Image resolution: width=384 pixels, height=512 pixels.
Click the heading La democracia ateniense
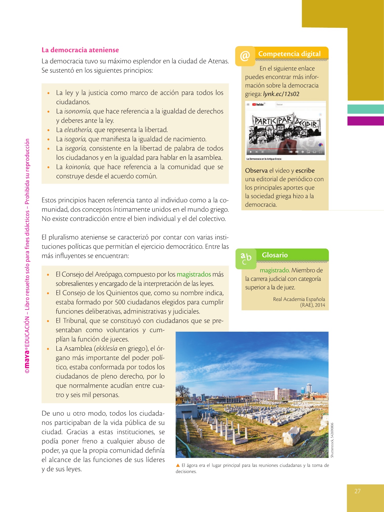(80, 50)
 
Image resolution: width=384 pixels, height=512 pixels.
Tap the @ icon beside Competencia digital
(245, 56)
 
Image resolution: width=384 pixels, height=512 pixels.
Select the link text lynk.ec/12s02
(281, 94)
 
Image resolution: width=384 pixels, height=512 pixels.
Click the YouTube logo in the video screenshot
(258, 104)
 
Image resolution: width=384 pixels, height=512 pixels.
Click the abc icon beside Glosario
(246, 259)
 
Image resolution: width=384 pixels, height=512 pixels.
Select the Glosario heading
(274, 255)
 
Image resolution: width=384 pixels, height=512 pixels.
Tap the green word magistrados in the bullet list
(194, 274)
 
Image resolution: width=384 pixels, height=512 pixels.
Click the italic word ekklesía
(106, 348)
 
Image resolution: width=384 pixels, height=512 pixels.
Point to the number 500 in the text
(120, 302)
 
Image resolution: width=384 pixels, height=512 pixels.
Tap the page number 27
(357, 491)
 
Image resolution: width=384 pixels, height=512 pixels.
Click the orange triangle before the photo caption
(178, 465)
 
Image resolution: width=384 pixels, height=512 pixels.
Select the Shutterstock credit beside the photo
(332, 440)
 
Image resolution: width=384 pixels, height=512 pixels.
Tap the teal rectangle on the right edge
(366, 109)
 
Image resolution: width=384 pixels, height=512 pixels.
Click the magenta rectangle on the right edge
(366, 121)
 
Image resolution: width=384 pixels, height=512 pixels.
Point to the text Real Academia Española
(299, 299)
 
